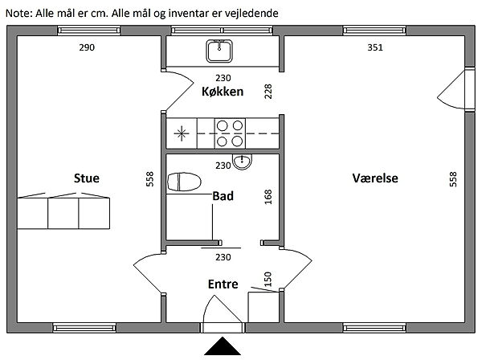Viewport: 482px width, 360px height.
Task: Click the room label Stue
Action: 86,178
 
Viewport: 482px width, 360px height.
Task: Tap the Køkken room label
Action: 223,92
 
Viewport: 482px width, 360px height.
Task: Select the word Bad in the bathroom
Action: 223,195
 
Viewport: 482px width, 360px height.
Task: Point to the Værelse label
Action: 375,178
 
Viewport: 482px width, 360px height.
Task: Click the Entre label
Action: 223,284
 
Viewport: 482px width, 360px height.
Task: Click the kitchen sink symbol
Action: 219,52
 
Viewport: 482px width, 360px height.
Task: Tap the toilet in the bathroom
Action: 185,182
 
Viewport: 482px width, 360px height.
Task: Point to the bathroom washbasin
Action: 242,162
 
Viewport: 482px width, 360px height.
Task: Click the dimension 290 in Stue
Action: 87,48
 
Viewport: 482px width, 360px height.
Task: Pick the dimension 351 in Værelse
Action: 375,48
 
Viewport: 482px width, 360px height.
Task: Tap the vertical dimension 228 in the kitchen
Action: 268,92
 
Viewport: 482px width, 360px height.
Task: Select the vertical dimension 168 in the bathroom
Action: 268,198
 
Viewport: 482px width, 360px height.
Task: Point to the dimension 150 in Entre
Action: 268,279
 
